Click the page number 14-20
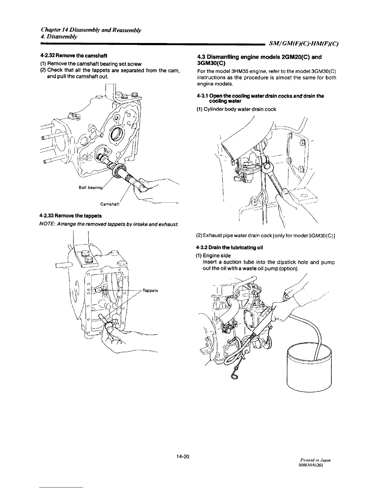click(x=183, y=456)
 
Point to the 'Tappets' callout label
click(x=150, y=291)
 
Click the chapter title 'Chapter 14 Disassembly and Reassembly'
click(x=91, y=30)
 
